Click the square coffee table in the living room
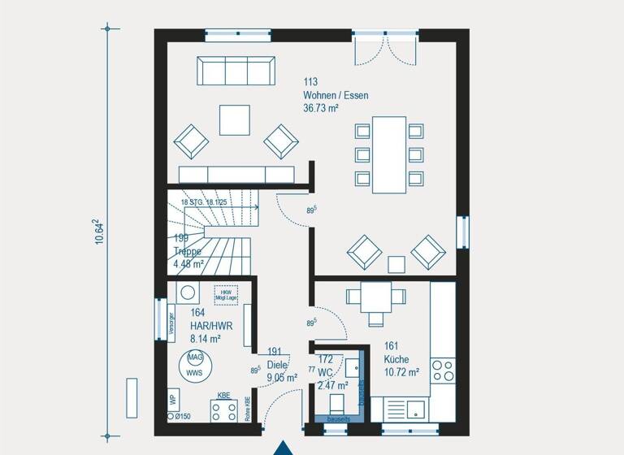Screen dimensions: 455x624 [235, 120]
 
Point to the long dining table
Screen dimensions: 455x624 [389, 154]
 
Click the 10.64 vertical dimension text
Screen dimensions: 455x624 [98, 231]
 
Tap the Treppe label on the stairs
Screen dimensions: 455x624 [187, 251]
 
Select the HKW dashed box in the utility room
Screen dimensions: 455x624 [226, 295]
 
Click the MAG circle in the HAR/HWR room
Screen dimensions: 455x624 [195, 357]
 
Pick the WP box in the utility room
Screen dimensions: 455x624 [173, 400]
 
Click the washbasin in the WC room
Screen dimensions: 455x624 [353, 367]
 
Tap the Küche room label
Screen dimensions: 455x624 [397, 359]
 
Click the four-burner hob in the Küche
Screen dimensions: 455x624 [442, 370]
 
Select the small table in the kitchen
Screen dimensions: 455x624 [375, 297]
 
